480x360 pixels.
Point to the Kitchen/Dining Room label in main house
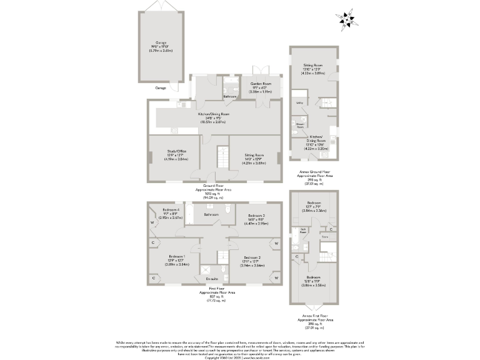tap(214, 114)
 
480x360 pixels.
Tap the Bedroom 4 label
tap(171, 209)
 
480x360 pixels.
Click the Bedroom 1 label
tap(176, 257)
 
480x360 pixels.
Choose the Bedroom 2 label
tap(252, 257)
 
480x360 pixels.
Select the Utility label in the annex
tap(300, 102)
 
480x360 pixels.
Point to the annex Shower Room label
tap(300, 125)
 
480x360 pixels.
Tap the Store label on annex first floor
tap(324, 237)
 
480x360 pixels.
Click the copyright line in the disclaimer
tap(240, 357)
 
